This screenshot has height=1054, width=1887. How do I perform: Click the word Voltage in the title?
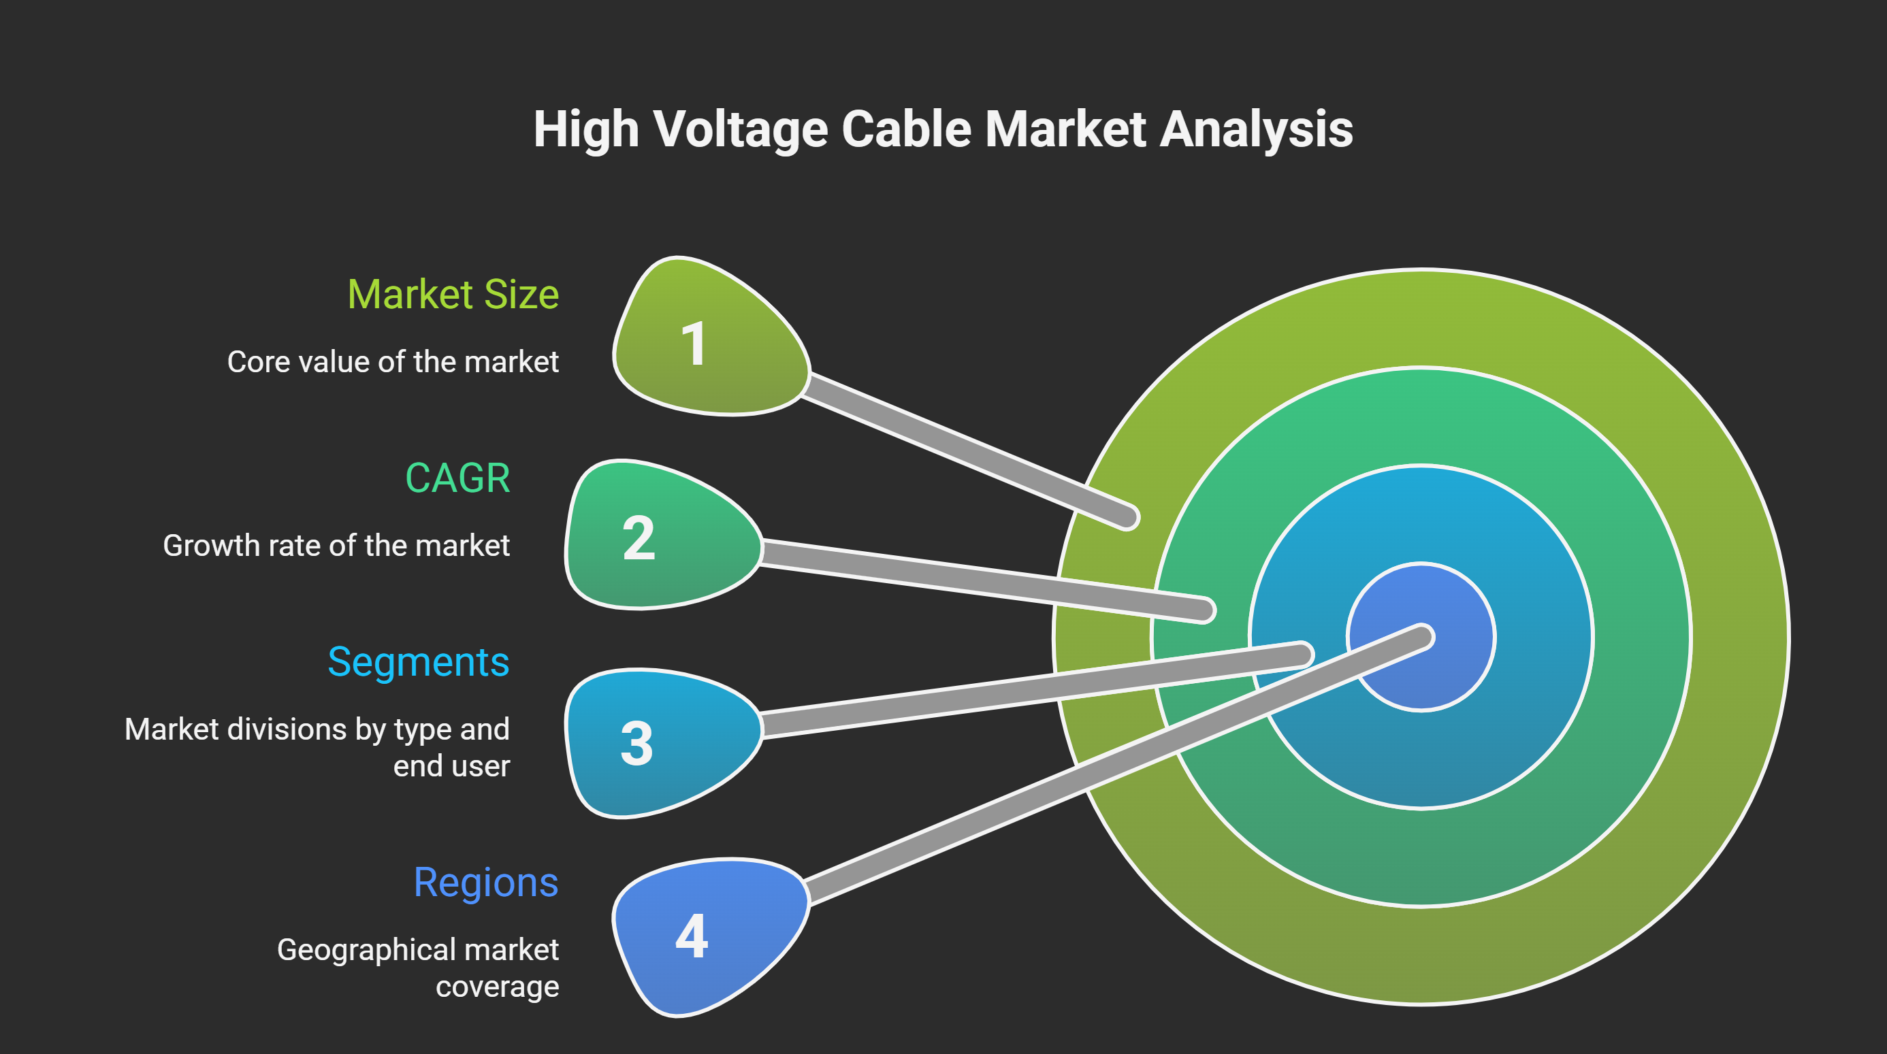(740, 131)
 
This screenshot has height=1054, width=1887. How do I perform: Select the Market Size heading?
(453, 295)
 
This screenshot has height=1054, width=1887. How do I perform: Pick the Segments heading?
(418, 662)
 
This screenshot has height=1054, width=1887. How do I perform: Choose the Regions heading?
(485, 882)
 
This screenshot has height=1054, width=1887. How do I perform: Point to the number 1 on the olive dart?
(693, 344)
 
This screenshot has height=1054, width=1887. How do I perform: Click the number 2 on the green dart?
(638, 538)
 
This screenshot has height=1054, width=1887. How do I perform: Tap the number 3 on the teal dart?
(636, 744)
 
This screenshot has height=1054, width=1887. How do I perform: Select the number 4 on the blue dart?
(692, 936)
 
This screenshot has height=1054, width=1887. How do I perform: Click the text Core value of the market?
(393, 362)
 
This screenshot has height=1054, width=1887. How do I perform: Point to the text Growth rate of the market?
(336, 546)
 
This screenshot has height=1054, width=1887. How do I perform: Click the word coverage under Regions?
(498, 987)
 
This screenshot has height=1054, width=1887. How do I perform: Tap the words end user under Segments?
(451, 766)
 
